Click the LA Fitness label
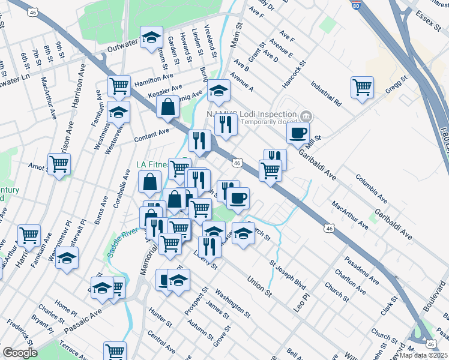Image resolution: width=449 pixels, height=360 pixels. (150, 164)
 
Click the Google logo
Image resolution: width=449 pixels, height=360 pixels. (20, 353)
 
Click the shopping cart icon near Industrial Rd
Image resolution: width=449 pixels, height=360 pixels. (363, 87)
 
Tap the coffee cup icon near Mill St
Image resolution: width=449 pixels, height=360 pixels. (298, 133)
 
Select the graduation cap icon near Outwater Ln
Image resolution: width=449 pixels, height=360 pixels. (151, 37)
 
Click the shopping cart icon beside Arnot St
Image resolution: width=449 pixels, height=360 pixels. (59, 164)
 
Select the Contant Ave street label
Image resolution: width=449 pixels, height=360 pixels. (151, 133)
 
